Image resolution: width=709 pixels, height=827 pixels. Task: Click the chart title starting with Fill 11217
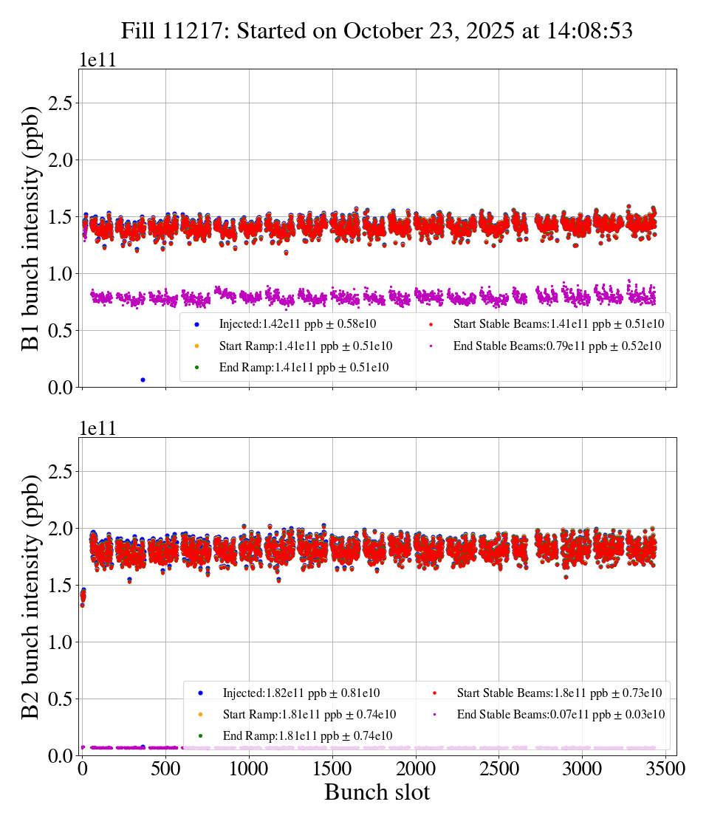[377, 30]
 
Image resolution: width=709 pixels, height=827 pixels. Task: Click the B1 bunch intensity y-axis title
[30, 228]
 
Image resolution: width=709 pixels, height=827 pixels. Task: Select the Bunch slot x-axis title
[377, 792]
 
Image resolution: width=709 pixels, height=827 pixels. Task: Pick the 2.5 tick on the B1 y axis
[64, 103]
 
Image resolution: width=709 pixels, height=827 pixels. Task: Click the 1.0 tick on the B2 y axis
[64, 642]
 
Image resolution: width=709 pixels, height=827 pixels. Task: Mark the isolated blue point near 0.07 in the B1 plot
[143, 380]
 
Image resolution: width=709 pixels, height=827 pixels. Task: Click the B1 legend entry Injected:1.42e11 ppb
[305, 323]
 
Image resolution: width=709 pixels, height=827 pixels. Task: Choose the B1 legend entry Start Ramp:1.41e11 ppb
[305, 345]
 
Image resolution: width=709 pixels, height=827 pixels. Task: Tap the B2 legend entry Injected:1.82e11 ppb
[309, 693]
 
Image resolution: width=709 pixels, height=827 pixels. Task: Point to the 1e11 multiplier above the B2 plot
[97, 429]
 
